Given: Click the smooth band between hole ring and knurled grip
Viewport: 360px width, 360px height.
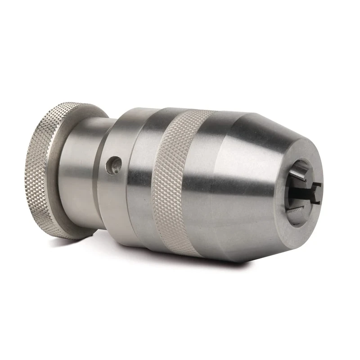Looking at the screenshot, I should (142, 180).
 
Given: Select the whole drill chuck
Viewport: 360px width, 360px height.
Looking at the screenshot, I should (180, 180).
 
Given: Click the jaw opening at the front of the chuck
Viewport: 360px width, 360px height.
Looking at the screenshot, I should (299, 191).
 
